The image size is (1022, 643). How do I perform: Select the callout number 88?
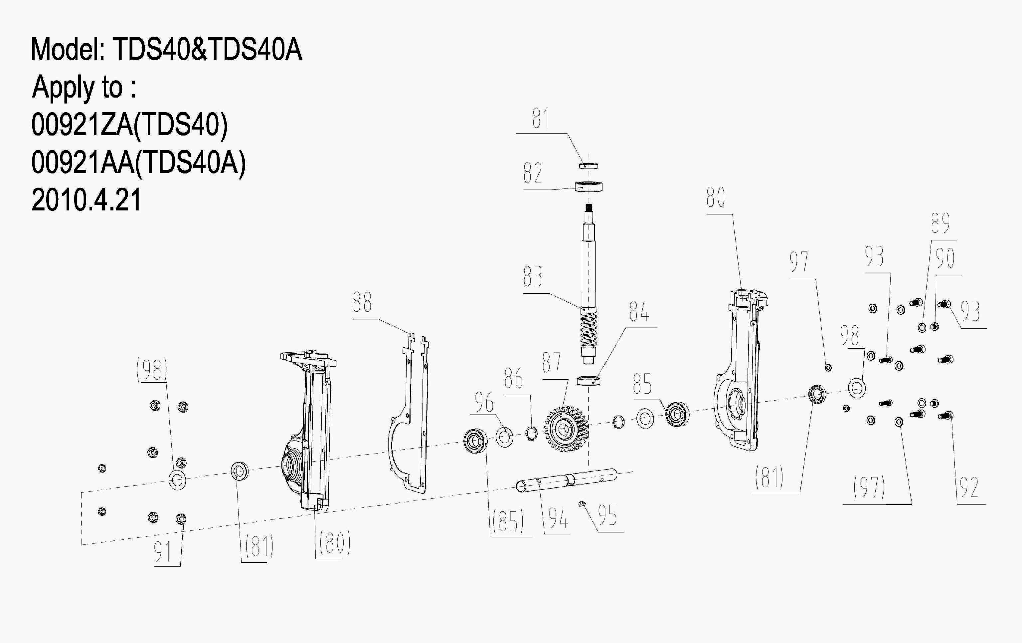point(362,303)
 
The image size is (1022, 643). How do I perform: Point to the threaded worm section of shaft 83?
point(588,329)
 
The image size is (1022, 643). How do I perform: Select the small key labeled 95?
point(582,504)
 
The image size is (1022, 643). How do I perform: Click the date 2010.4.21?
point(86,200)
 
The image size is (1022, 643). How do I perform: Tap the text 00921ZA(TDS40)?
point(129,125)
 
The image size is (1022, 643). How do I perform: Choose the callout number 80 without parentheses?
point(716,197)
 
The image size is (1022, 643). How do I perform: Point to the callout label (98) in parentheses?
point(151,370)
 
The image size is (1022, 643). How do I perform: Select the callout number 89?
point(940,223)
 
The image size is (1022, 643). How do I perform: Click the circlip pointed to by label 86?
point(531,434)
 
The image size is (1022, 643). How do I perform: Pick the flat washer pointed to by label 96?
point(504,438)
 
